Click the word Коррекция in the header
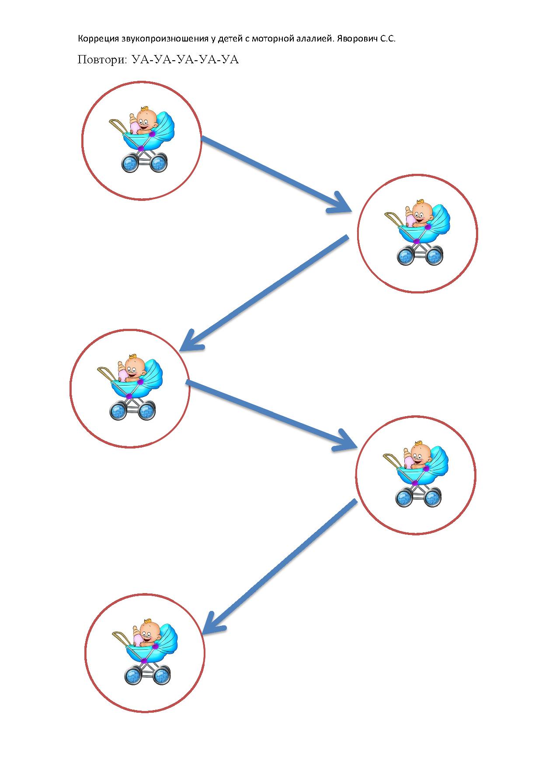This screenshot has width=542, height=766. tap(98, 39)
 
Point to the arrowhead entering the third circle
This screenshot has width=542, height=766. tap(191, 340)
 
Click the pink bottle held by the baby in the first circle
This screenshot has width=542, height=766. tap(134, 124)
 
